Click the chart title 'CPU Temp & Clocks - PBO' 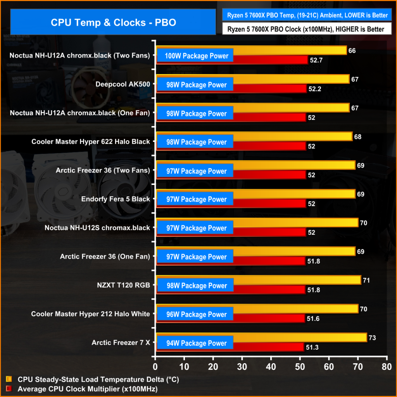pyautogui.click(x=113, y=22)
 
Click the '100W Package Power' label pyautogui.click(x=196, y=56)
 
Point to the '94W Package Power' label pyautogui.click(x=196, y=343)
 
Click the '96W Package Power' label pyautogui.click(x=196, y=314)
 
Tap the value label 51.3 pyautogui.click(x=312, y=347)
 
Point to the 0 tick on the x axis pyautogui.click(x=155, y=366)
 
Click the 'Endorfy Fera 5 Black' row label pyautogui.click(x=116, y=199)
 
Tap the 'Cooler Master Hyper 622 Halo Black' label pyautogui.click(x=91, y=142)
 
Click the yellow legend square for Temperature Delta pyautogui.click(x=9, y=380)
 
